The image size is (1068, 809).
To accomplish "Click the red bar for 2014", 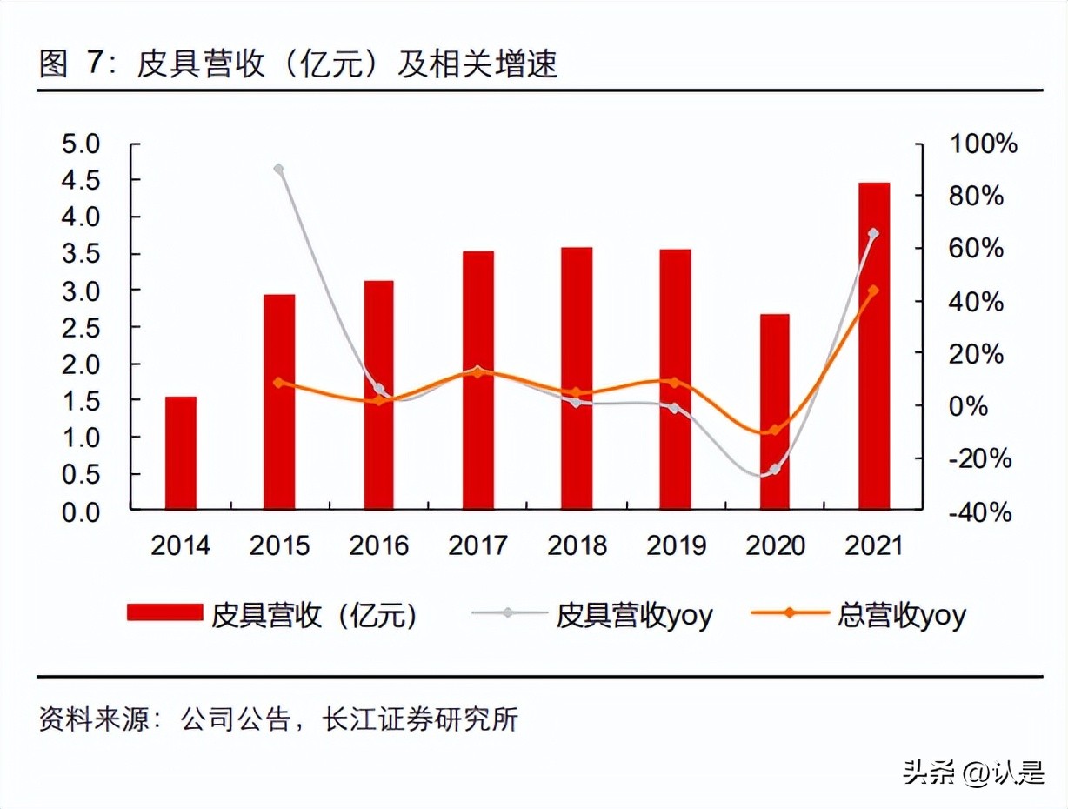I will (x=181, y=452).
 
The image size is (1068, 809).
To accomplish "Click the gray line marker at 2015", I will (x=279, y=169).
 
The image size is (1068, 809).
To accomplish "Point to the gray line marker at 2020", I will (x=774, y=470).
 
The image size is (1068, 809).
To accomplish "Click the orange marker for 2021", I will (x=873, y=291).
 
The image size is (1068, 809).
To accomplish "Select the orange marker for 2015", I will (x=279, y=382).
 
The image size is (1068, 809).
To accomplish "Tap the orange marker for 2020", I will (x=774, y=430).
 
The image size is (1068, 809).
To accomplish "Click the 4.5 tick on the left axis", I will (x=82, y=180).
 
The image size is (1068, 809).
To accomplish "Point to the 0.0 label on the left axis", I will (x=82, y=511).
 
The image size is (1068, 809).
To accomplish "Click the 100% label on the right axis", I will (x=983, y=144).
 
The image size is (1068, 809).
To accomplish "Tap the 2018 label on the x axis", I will (x=577, y=546).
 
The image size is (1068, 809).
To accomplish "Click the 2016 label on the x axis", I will (x=378, y=546).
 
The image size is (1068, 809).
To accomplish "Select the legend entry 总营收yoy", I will (x=900, y=615).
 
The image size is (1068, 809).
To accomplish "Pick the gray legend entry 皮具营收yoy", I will (x=633, y=615).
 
